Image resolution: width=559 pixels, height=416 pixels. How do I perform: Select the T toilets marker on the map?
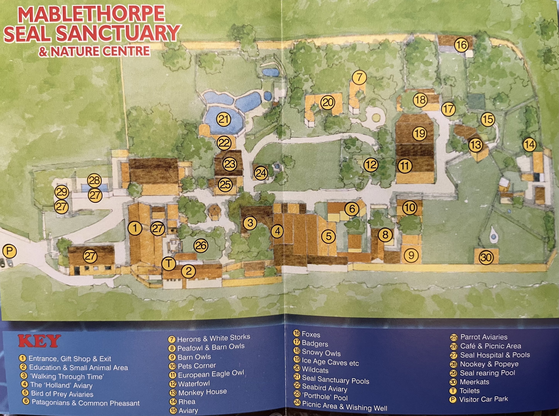point(169,264)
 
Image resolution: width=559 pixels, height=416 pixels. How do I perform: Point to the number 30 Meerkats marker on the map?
point(486,257)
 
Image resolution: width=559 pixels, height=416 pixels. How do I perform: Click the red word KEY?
point(39,341)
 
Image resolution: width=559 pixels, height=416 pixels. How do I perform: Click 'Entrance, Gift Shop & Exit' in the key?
point(70,359)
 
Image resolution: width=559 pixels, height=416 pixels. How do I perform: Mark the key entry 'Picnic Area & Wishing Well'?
point(344,406)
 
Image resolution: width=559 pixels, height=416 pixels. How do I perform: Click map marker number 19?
point(420,133)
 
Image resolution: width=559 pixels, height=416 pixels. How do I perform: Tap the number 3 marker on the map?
point(250,223)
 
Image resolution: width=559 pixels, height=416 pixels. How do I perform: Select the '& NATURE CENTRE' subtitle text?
point(95,51)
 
